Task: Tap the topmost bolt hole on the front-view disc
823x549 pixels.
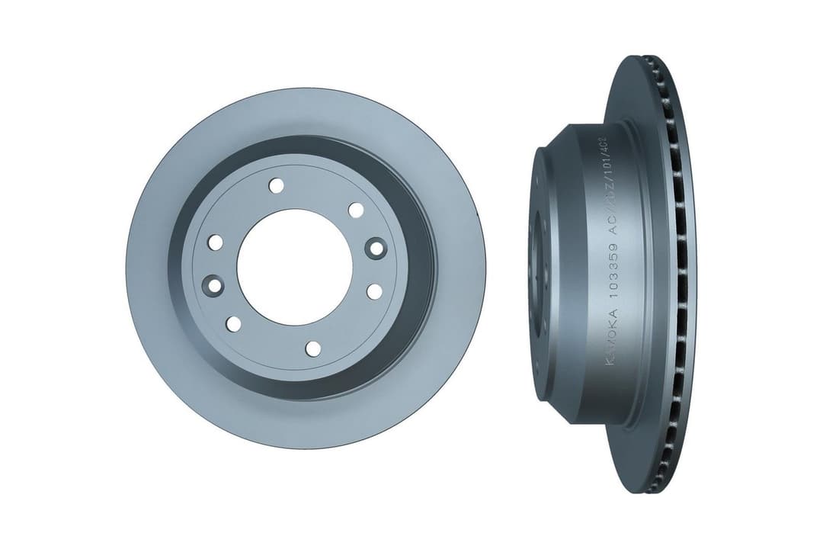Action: pos(276,185)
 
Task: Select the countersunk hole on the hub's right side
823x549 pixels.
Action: pos(374,247)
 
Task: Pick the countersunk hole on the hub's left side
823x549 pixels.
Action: pos(213,286)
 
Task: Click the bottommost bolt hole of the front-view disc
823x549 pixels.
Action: pos(312,348)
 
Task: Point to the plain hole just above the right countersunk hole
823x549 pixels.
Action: pos(355,209)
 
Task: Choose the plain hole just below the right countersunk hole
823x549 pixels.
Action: pos(374,291)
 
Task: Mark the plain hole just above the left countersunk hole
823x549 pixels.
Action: pos(216,242)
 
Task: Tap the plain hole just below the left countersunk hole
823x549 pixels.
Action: pos(234,324)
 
